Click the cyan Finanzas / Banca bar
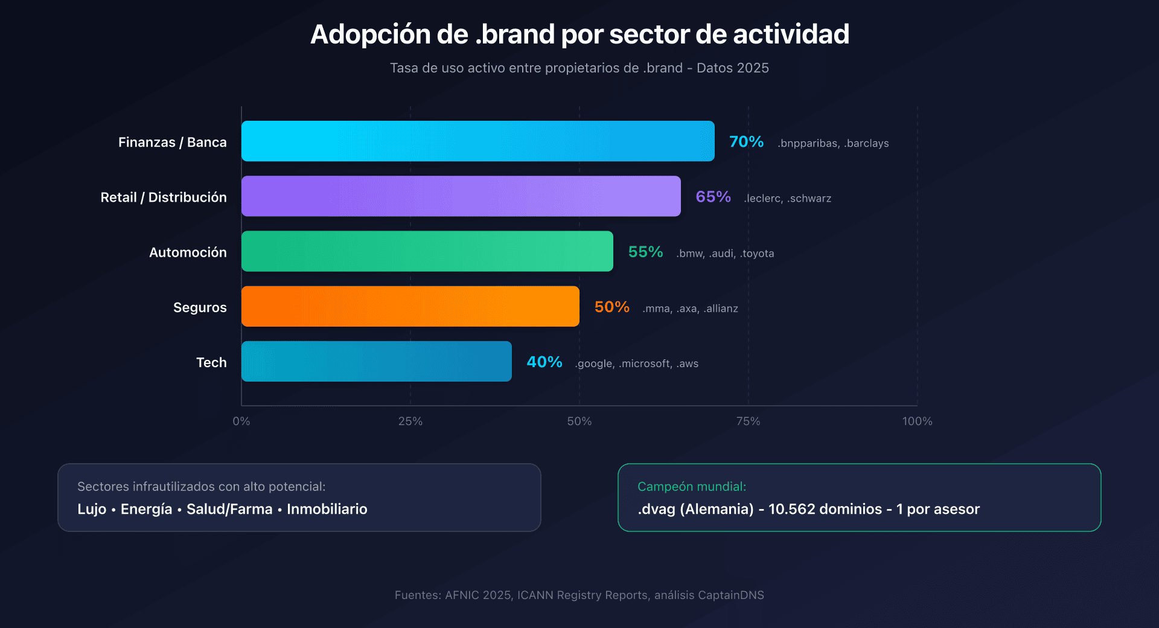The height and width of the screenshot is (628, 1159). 477,141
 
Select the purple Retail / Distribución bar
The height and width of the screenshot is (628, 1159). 461,196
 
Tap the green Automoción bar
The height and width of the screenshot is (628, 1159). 427,251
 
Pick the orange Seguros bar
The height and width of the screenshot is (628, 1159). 410,306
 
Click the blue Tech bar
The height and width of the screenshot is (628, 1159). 376,361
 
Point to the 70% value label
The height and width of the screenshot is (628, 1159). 746,142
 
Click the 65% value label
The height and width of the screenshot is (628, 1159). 713,197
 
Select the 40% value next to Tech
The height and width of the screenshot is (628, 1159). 544,362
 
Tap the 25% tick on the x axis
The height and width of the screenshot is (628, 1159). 410,421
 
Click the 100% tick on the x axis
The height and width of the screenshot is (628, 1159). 917,421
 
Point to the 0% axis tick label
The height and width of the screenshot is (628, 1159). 241,421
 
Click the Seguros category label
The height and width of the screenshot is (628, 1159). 200,307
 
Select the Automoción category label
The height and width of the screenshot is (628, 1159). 188,252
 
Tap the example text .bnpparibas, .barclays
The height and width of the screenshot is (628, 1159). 833,143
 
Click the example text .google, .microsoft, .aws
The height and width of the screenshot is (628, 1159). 637,364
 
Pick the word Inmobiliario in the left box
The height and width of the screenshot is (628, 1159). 327,509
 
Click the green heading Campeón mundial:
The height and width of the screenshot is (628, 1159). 691,487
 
